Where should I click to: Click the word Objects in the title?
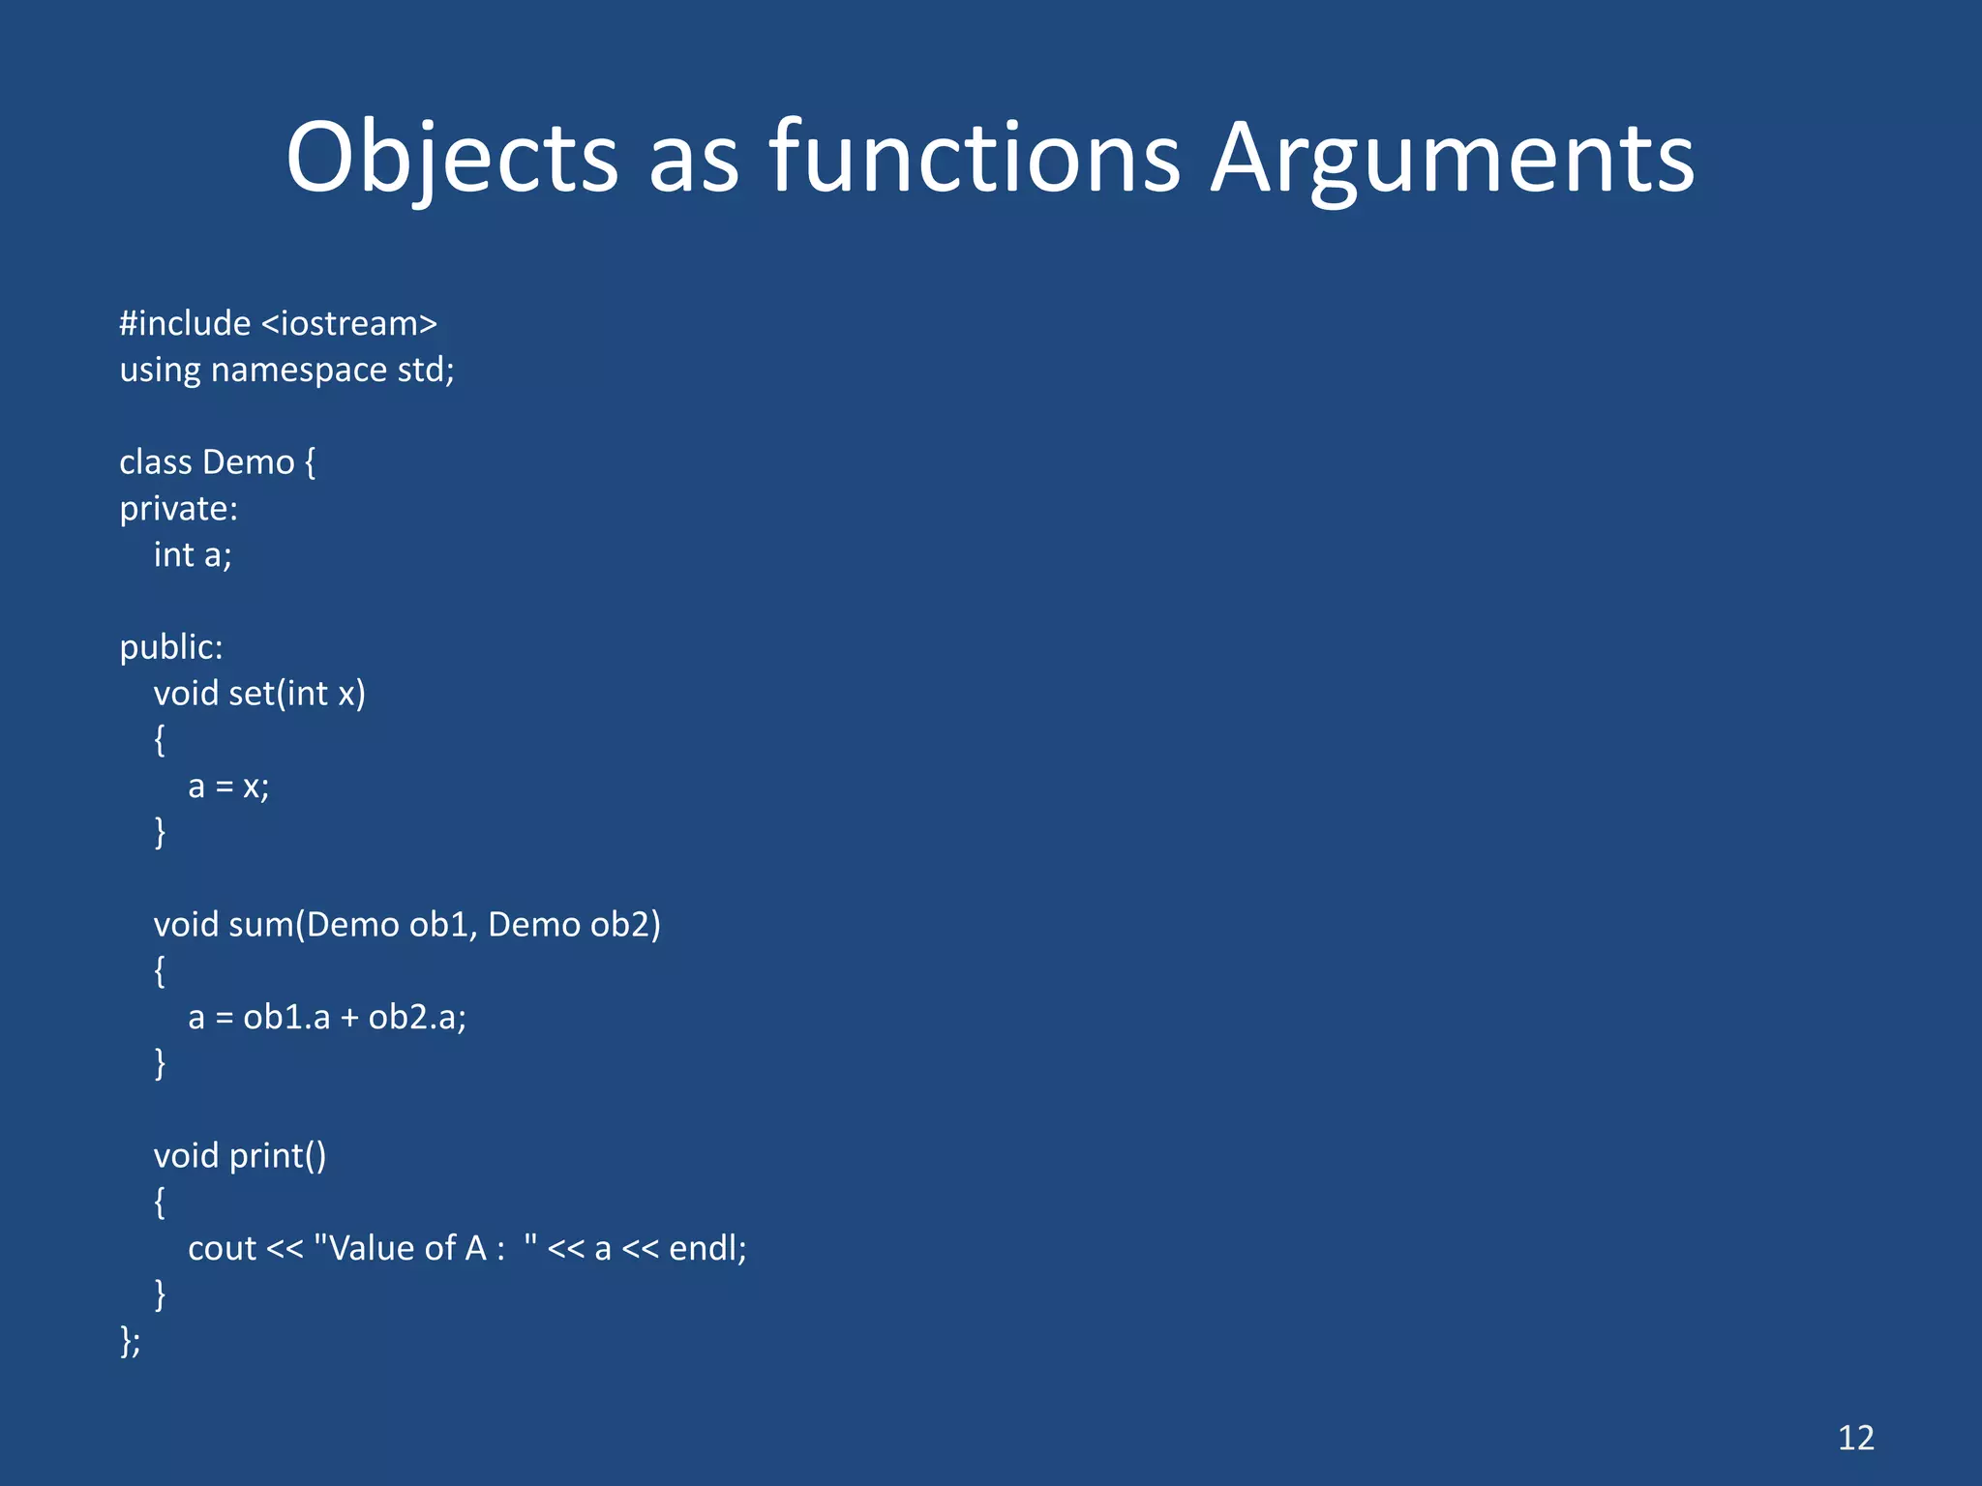[452, 158]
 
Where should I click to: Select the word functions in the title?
[975, 158]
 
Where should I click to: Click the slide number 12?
[1855, 1438]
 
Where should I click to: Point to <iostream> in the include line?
[349, 323]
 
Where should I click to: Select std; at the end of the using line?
[426, 370]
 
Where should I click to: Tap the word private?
[178, 509]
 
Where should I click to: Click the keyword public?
[171, 647]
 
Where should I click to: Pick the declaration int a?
[193, 555]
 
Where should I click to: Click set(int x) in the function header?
[297, 694]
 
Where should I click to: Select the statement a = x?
[228, 787]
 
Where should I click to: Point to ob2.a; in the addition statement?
[417, 1018]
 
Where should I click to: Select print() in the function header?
[278, 1156]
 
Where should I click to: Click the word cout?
[222, 1249]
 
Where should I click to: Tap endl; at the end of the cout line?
[707, 1249]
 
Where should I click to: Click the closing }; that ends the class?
[131, 1342]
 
